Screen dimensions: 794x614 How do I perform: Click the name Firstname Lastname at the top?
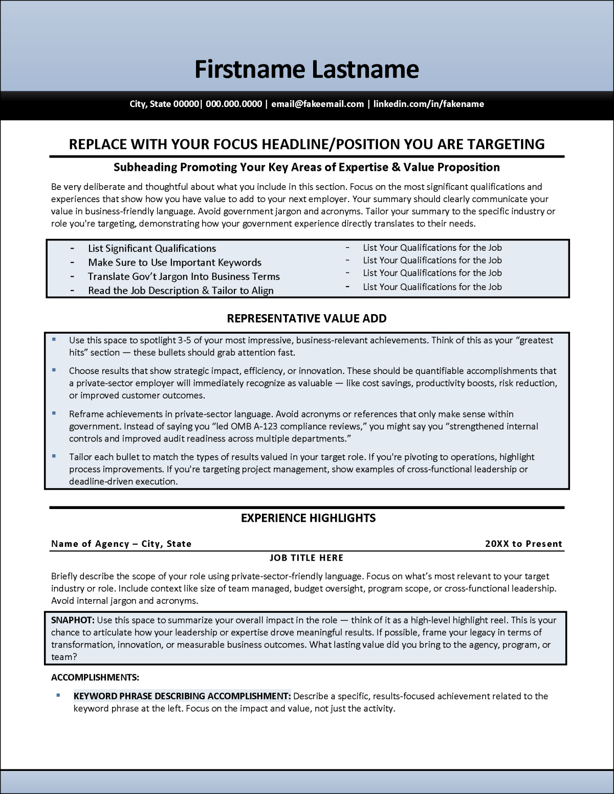coord(306,70)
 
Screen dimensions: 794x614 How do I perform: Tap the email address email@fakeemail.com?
coord(317,104)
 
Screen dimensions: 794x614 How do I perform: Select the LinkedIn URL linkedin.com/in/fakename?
coord(428,104)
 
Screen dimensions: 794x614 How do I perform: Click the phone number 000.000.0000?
coord(234,104)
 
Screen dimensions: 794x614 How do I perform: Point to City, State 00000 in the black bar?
coord(164,104)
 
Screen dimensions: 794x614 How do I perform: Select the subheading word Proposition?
coord(468,167)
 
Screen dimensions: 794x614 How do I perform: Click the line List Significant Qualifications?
coord(152,249)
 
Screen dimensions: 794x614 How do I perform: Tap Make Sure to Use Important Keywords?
coord(174,262)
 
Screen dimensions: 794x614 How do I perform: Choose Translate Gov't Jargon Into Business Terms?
coord(184,277)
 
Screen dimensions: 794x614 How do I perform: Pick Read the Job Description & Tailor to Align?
coord(181,291)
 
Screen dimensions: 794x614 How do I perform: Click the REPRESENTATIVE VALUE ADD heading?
coord(306,319)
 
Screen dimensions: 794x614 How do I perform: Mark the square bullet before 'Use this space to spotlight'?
coord(54,339)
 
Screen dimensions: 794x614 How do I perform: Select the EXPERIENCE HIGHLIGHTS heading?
coord(308,518)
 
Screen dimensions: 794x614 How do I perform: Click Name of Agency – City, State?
coord(121,544)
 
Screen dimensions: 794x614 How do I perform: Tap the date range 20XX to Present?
coord(523,544)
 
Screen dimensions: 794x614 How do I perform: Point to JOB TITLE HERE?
coord(306,558)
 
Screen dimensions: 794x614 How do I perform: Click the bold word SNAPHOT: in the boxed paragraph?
coord(73,620)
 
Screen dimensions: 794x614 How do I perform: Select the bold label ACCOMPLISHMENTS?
coord(95,677)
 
